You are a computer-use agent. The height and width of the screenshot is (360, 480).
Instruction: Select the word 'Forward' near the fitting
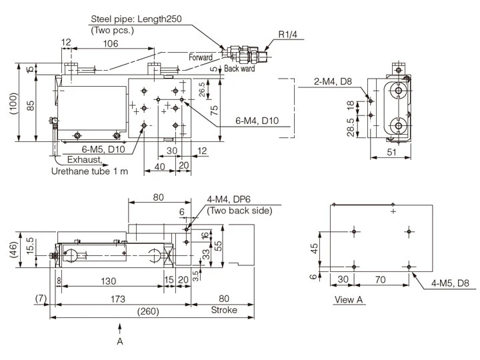pos(200,58)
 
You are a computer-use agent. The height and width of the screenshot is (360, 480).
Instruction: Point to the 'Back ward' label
pos(239,68)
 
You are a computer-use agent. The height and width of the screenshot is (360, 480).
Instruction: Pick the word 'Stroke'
pos(224,310)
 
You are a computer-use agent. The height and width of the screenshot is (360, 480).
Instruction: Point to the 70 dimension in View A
pos(381,279)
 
